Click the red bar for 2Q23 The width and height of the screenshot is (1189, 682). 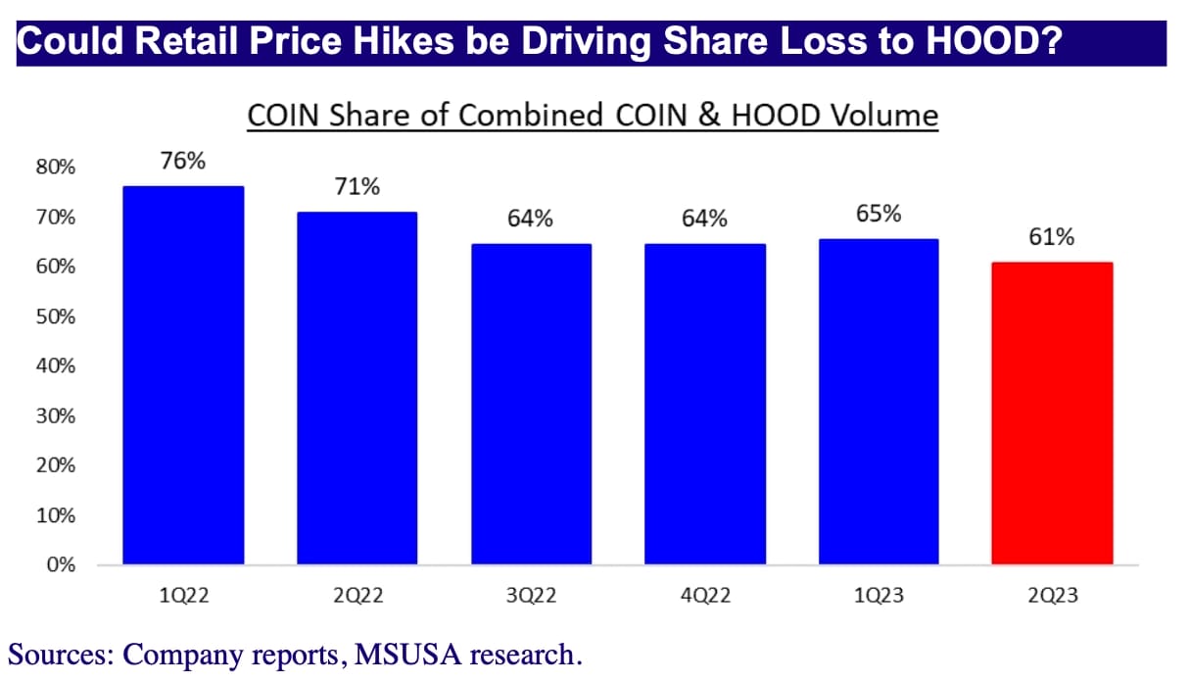click(x=1052, y=413)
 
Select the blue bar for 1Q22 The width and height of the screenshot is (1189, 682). click(x=183, y=375)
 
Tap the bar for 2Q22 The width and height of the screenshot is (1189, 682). click(x=357, y=388)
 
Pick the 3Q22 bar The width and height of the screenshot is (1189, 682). click(x=531, y=404)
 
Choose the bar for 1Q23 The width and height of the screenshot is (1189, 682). click(x=879, y=402)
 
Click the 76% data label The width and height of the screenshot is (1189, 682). click(x=183, y=162)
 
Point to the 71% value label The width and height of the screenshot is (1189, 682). click(x=357, y=186)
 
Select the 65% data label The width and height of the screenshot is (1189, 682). click(x=879, y=214)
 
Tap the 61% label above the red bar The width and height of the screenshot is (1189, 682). click(x=1052, y=237)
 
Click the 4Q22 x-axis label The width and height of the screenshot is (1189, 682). click(x=704, y=595)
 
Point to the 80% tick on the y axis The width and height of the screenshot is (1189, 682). click(x=56, y=168)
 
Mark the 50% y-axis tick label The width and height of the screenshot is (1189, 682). click(x=56, y=317)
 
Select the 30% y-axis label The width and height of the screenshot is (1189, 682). click(x=56, y=416)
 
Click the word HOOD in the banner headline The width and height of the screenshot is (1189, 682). click(x=980, y=44)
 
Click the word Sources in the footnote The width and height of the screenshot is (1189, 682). click(x=60, y=654)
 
